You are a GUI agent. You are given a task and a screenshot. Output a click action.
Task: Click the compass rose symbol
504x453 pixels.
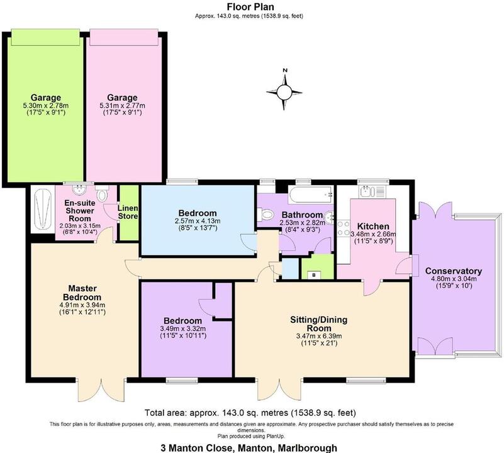284,92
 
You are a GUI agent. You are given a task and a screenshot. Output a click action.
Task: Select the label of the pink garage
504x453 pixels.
122,98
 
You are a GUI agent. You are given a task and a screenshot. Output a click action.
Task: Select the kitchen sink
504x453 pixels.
367,191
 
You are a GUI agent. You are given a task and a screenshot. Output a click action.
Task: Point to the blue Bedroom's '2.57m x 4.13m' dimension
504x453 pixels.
198,221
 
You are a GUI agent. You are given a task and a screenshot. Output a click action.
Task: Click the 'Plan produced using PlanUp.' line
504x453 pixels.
252,435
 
